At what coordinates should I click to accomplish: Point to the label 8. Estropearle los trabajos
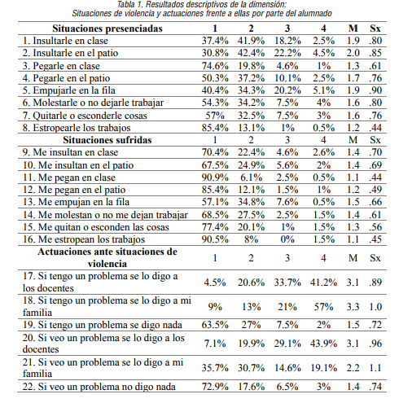[x=75, y=127]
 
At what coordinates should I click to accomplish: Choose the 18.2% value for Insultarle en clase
[x=287, y=39]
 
